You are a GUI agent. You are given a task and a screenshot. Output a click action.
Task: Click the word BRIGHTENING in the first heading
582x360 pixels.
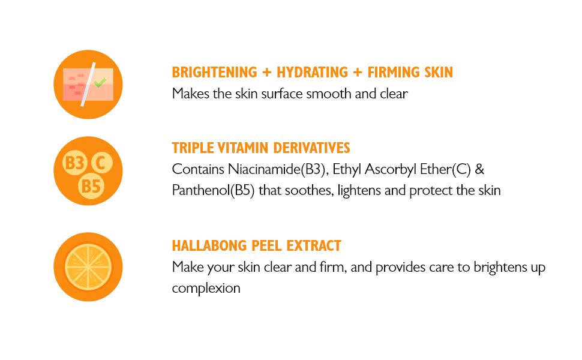pyautogui.click(x=214, y=72)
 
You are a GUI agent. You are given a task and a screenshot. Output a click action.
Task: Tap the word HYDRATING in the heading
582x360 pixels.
pyautogui.click(x=313, y=72)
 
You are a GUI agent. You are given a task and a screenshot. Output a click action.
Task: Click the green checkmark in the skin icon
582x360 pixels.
pyautogui.click(x=100, y=82)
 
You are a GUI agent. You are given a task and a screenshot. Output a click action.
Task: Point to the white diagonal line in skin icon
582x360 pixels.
pyautogui.click(x=88, y=84)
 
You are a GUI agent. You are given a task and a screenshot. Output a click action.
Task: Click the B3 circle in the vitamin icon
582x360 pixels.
pyautogui.click(x=74, y=163)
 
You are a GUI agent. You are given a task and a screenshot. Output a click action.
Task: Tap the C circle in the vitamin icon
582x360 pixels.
pyautogui.click(x=101, y=162)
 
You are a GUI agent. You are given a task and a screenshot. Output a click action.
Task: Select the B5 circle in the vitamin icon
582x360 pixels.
pyautogui.click(x=91, y=186)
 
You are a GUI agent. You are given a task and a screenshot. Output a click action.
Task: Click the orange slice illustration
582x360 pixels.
pyautogui.click(x=88, y=267)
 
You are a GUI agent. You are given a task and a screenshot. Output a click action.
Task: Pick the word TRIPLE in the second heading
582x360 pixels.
pyautogui.click(x=193, y=148)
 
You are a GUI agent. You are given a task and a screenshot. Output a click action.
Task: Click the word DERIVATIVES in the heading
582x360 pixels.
pyautogui.click(x=311, y=148)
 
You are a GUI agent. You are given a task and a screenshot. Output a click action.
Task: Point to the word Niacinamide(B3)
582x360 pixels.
pyautogui.click(x=278, y=169)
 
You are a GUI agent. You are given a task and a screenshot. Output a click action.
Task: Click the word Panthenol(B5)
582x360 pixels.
pyautogui.click(x=214, y=190)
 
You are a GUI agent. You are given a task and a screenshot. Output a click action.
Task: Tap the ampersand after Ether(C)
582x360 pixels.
pyautogui.click(x=479, y=169)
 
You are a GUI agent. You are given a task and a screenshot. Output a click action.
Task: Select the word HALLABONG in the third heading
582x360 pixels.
pyautogui.click(x=209, y=245)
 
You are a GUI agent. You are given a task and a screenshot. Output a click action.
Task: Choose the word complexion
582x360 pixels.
pyautogui.click(x=206, y=289)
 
